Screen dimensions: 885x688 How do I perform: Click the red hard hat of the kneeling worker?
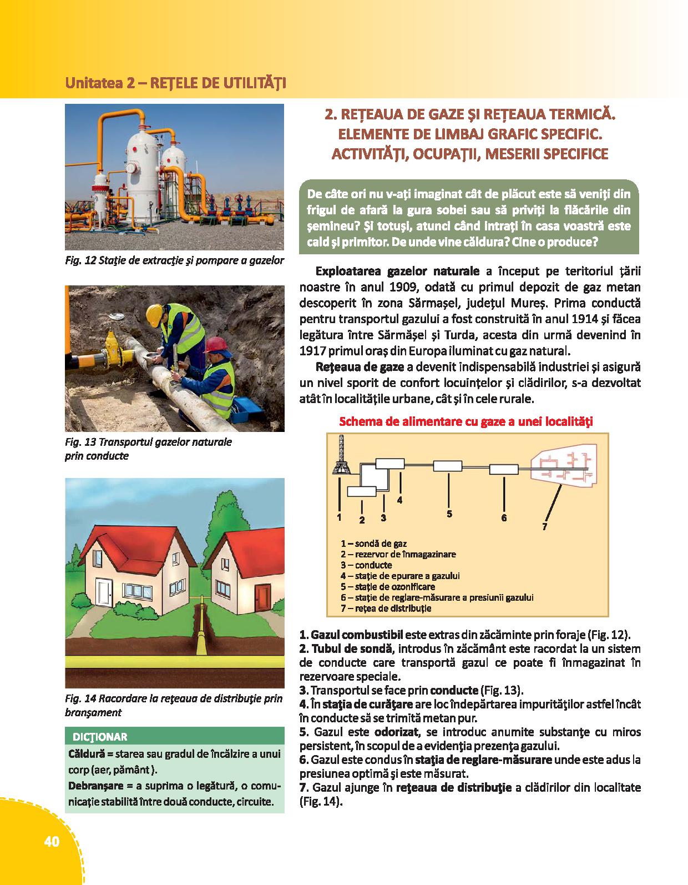215,345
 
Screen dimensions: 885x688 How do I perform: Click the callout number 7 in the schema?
545,526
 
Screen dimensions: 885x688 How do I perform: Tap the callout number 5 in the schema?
449,514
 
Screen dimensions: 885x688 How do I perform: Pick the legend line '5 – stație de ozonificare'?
388,586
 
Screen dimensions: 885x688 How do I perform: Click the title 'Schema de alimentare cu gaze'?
466,421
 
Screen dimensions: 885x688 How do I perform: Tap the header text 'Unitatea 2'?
99,83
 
